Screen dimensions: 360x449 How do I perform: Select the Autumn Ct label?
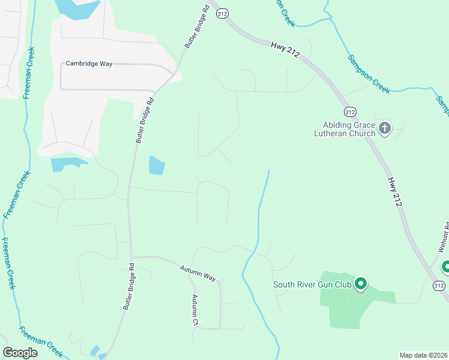click(195, 310)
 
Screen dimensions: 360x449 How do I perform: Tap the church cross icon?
click(385, 128)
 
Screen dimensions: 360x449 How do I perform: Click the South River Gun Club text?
click(312, 284)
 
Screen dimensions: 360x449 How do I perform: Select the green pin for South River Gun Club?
click(360, 283)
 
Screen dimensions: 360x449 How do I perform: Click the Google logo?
click(20, 352)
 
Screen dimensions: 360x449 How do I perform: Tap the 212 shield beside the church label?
click(351, 112)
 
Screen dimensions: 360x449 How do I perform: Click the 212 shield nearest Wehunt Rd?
click(439, 286)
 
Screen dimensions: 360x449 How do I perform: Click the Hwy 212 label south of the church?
click(394, 192)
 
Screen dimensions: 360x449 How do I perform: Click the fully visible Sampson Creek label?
click(369, 74)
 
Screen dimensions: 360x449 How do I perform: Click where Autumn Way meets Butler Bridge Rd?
click(130, 257)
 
